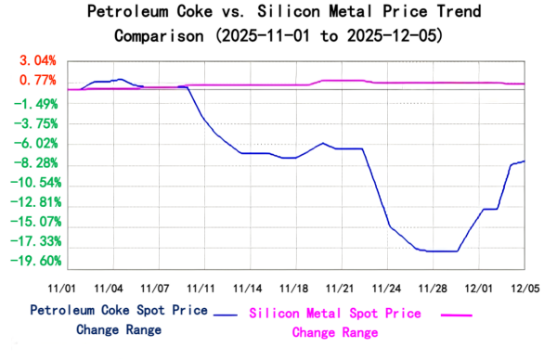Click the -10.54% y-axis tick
35,183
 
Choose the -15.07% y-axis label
35,222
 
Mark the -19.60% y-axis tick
35,262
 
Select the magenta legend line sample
456,315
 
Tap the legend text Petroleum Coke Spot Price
119,310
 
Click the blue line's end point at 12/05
525,161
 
